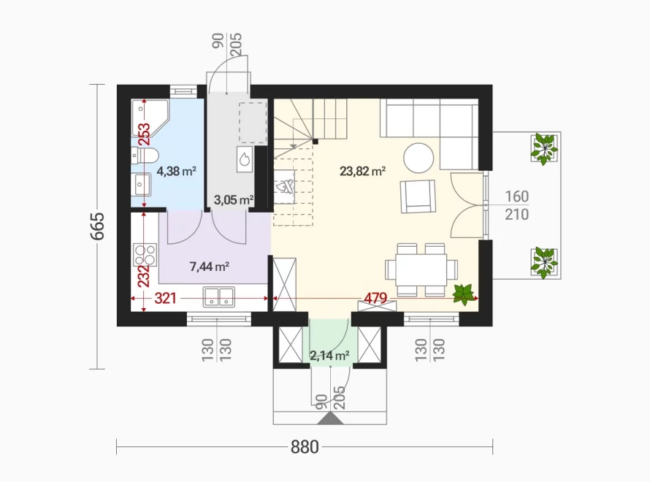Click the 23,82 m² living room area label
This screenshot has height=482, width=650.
(363, 171)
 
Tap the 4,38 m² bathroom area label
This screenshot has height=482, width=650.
(176, 171)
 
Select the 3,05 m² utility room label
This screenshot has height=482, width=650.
(234, 200)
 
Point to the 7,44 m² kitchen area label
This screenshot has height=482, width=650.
(210, 267)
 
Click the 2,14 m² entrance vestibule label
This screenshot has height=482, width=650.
(329, 355)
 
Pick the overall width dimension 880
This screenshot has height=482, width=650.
(305, 447)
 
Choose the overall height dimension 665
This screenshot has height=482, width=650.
(97, 226)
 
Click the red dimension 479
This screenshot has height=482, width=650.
(375, 298)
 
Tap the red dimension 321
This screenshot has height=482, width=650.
(165, 298)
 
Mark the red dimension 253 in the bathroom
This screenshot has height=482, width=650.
(144, 134)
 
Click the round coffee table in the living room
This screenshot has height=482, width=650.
(418, 158)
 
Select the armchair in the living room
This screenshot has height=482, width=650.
(418, 196)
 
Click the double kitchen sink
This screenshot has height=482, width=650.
(219, 297)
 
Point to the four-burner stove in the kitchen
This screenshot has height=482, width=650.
(145, 255)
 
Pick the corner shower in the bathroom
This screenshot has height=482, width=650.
(150, 118)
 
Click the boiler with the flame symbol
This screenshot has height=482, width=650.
(245, 158)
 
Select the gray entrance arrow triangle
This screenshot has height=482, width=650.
(330, 418)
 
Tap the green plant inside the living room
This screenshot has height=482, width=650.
(463, 294)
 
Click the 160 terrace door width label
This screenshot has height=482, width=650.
(517, 196)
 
